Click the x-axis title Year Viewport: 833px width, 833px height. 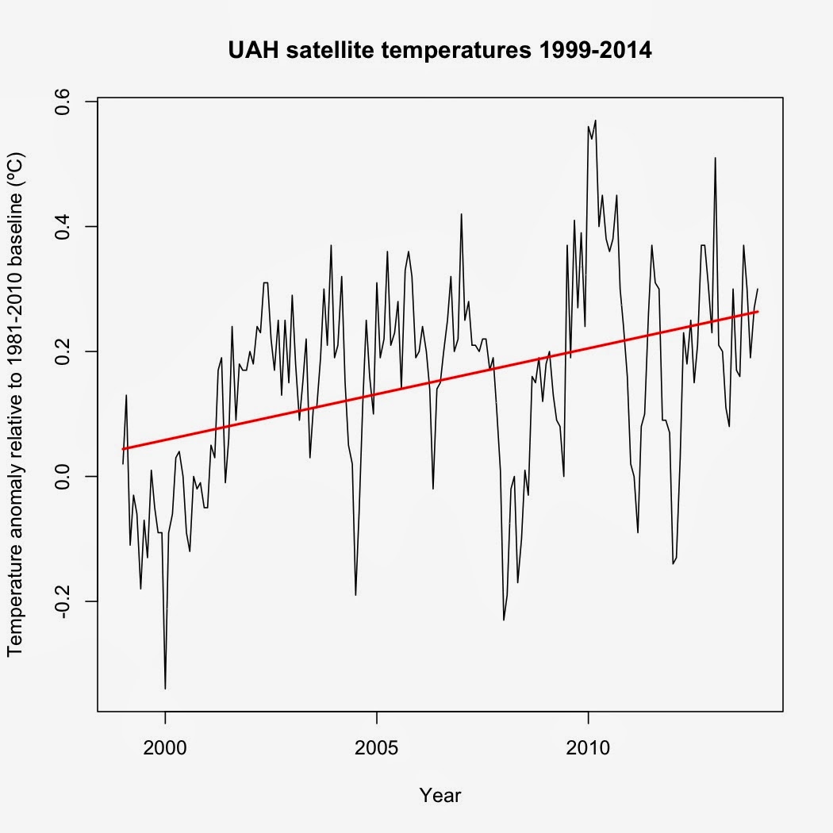[x=440, y=795]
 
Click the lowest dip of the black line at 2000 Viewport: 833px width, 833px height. [x=165, y=688]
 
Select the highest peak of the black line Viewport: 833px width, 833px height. [x=595, y=121]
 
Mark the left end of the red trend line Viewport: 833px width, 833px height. [x=123, y=449]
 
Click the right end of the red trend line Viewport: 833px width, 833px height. [x=758, y=312]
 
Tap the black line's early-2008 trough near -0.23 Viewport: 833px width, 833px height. [x=504, y=620]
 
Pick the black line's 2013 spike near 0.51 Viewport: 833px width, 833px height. [x=716, y=158]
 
